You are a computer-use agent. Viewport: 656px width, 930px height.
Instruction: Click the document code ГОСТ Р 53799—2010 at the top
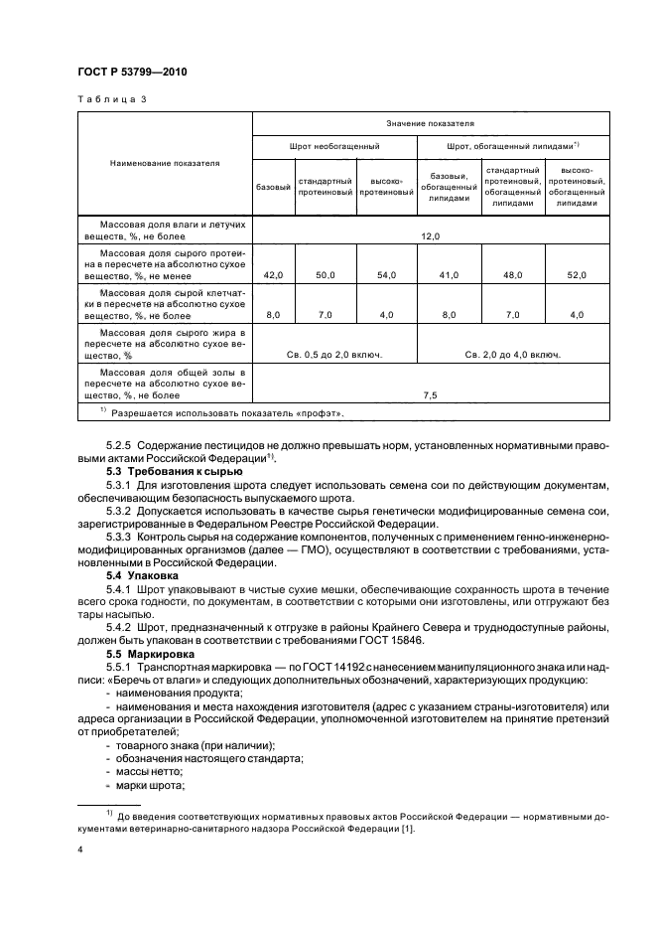tap(132, 74)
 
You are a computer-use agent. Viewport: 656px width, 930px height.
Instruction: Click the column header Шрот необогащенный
tap(335, 146)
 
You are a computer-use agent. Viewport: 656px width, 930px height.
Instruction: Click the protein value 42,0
tap(274, 274)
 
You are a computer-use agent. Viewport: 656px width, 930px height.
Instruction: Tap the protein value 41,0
tap(450, 274)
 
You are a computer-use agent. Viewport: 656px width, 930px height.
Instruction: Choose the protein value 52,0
tap(577, 274)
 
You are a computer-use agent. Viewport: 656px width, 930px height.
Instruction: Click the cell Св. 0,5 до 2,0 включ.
tap(335, 353)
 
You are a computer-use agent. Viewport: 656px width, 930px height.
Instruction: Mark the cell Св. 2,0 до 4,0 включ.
tap(513, 353)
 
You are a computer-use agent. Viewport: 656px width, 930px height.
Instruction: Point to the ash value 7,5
tap(430, 394)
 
